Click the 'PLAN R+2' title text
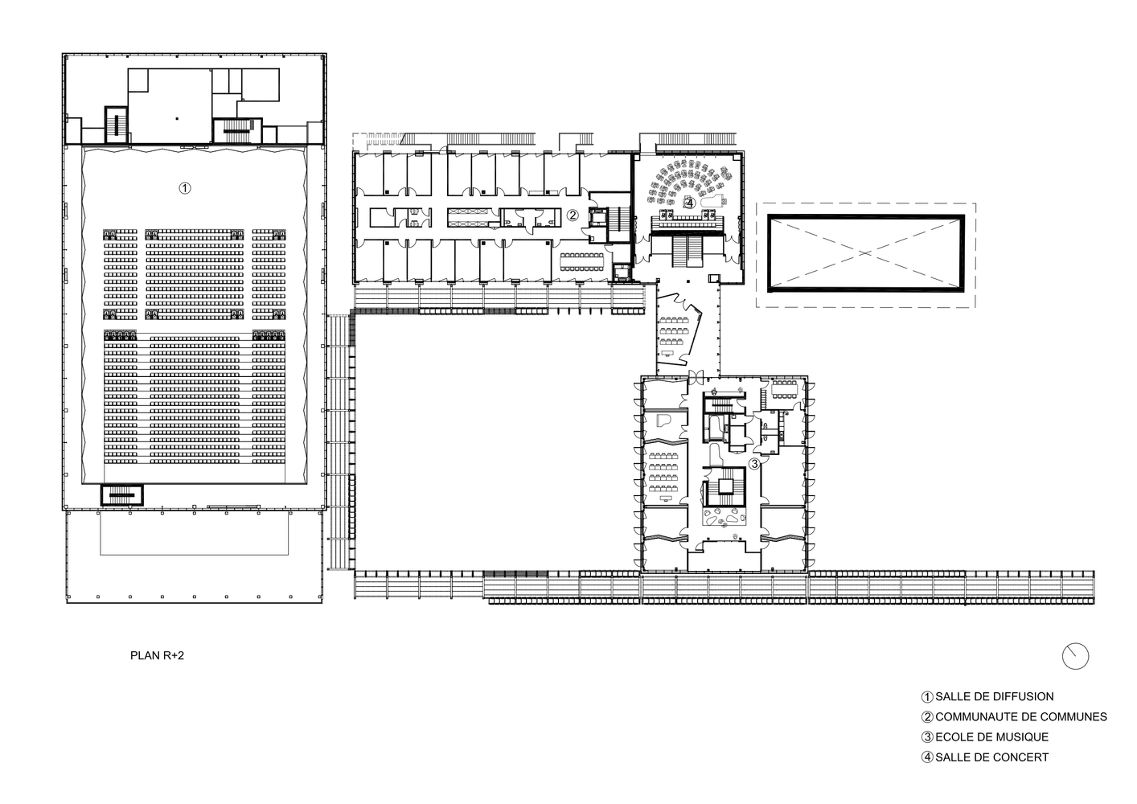[x=157, y=655]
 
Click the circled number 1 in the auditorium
[x=185, y=188]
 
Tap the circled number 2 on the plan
[x=572, y=215]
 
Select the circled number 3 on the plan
[x=754, y=463]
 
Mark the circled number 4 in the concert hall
[x=689, y=203]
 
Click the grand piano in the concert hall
[x=712, y=199]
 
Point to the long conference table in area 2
[x=582, y=261]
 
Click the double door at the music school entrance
[x=696, y=376]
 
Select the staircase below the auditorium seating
[x=122, y=495]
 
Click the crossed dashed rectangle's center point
[x=865, y=252]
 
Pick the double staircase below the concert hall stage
[x=687, y=250]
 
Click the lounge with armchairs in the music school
[x=724, y=517]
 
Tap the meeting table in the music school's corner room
[x=784, y=389]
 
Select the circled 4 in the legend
[x=927, y=757]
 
